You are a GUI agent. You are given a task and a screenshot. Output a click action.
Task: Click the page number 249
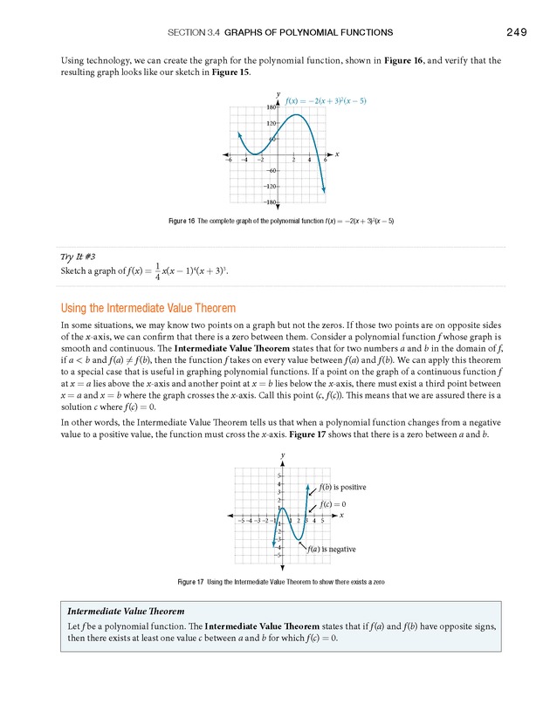click(x=515, y=32)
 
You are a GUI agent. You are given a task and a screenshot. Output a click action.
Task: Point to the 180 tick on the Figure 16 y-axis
click(x=272, y=107)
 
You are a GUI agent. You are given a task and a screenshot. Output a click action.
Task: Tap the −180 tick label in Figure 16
click(x=271, y=202)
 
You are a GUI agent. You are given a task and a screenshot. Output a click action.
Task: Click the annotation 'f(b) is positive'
click(x=343, y=487)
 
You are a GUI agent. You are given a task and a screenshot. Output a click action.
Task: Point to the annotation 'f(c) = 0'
click(x=333, y=504)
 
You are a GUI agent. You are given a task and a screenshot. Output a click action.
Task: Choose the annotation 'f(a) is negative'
click(x=331, y=550)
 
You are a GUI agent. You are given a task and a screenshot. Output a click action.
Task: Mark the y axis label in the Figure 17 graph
click(x=283, y=455)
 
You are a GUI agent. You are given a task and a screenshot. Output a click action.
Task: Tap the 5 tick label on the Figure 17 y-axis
click(x=278, y=475)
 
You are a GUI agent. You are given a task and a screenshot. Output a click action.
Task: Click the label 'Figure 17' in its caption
click(x=190, y=581)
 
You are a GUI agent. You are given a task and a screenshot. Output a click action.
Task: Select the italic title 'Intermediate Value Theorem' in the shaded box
click(x=126, y=612)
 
